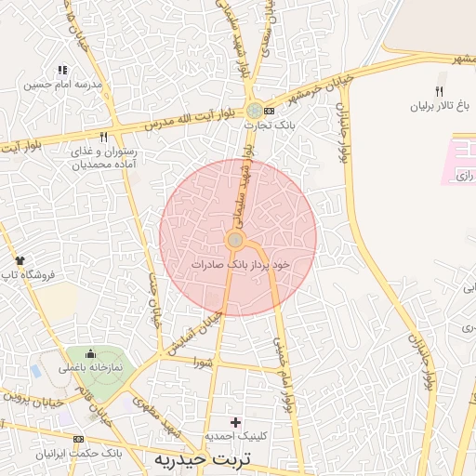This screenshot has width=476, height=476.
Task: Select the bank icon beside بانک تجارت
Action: click(270, 110)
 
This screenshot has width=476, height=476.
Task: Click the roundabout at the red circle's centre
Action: click(235, 240)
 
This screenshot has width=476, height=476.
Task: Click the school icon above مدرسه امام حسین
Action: click(62, 70)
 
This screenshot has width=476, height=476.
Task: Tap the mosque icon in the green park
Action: click(90, 354)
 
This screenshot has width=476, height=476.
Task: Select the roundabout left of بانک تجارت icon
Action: click(254, 110)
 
